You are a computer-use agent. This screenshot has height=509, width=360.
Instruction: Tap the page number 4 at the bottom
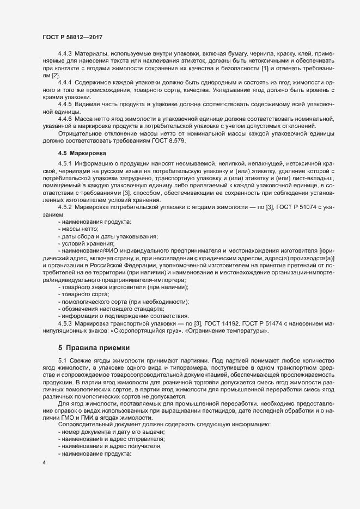(44, 463)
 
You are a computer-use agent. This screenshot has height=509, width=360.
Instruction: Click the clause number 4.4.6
(65, 119)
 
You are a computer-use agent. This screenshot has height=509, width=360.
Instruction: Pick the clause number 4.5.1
(65, 164)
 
